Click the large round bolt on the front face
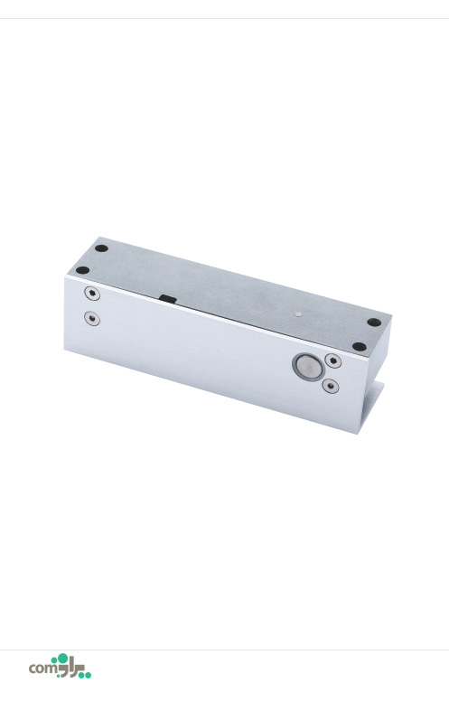308,367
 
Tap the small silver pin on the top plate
297,313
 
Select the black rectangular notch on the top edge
168,298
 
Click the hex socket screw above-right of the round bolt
333,361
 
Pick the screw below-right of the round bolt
330,386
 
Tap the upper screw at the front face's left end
92,294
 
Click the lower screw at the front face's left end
92,318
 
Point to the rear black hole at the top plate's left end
101,248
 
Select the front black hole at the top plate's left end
82,270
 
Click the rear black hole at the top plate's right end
374,322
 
